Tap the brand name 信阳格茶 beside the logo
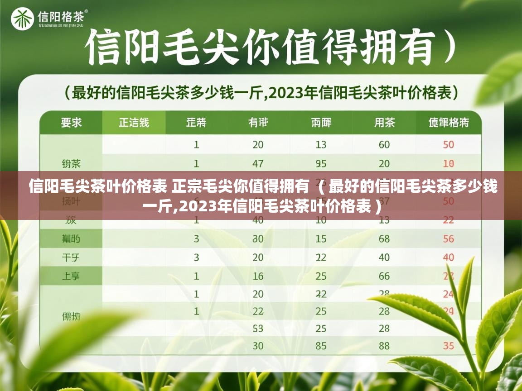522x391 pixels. point(61,17)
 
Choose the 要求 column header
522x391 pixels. point(71,123)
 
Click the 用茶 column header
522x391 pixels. point(385,123)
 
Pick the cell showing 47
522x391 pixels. point(258,163)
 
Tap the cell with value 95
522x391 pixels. point(321,163)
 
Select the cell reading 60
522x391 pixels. point(384,145)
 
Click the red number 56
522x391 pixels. point(448,239)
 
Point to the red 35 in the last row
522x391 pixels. point(448,346)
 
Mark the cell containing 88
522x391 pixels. point(384,346)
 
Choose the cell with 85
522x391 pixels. point(321,346)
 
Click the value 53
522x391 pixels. point(258,328)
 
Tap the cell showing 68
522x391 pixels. point(384,239)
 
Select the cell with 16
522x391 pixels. point(258,276)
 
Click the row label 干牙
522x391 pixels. point(71,257)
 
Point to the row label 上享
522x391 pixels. point(71,276)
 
